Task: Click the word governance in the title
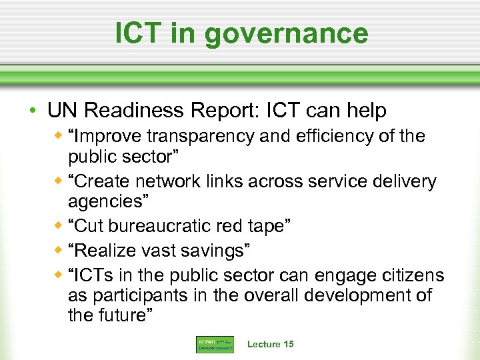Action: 296,34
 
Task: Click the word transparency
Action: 200,137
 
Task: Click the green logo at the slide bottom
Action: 215,345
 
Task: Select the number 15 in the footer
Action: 288,344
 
